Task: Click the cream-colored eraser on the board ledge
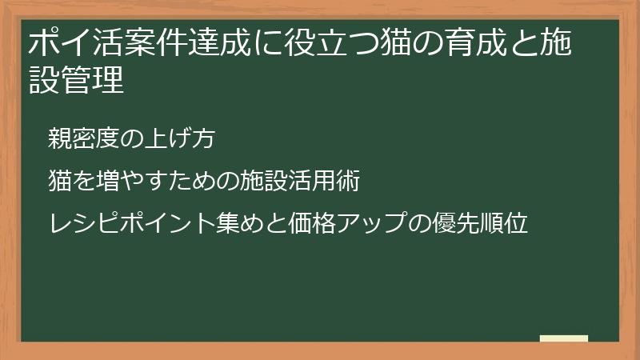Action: pyautogui.click(x=564, y=338)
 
